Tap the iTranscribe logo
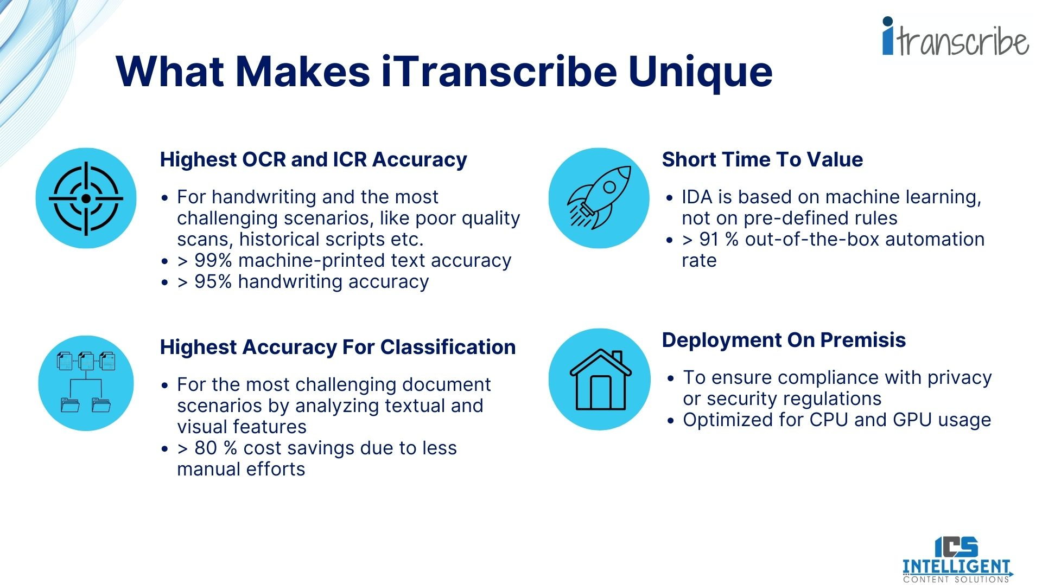pos(956,37)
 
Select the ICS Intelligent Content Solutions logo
pos(957,560)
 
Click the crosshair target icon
pos(86,198)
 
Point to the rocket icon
pos(599,198)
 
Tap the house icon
pos(600,379)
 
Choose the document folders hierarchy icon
pos(86,383)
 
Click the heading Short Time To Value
pos(762,159)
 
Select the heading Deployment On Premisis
pos(784,340)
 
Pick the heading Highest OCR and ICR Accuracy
pos(313,159)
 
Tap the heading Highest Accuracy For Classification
pos(338,347)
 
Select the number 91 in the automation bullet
pos(709,239)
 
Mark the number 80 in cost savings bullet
pos(206,448)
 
